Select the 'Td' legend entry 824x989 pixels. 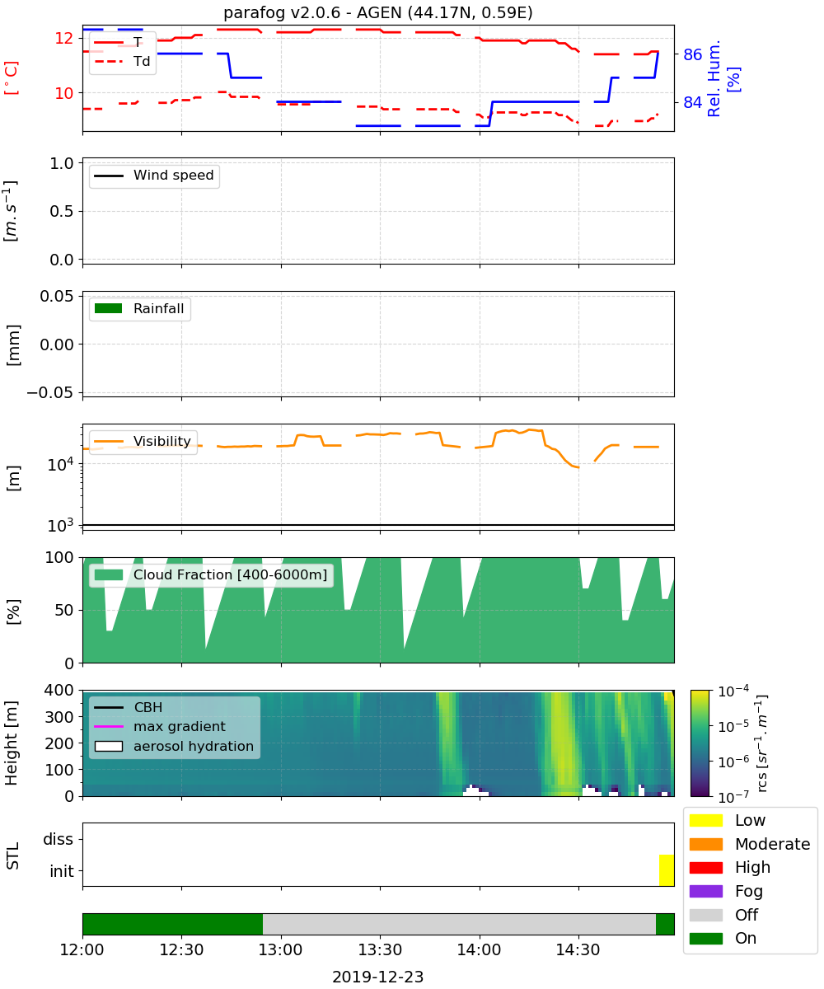click(x=122, y=62)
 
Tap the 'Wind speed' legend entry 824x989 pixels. click(x=154, y=176)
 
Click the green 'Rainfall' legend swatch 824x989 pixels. click(x=109, y=308)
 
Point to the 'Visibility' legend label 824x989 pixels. click(x=162, y=441)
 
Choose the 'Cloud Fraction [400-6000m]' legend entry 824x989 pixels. click(x=211, y=574)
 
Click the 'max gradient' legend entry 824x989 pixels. click(x=160, y=727)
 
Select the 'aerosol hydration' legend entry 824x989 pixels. click(x=174, y=746)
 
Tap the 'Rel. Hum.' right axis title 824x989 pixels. click(x=714, y=78)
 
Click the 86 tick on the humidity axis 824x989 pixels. click(x=692, y=54)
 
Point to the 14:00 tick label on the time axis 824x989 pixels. click(x=479, y=950)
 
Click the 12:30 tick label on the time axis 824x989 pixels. click(x=181, y=950)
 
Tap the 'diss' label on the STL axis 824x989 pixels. click(x=58, y=839)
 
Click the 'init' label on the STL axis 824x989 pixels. click(x=62, y=871)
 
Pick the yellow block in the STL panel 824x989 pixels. click(x=667, y=870)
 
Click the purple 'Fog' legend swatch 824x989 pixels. click(x=705, y=891)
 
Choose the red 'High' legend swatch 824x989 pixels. click(x=705, y=867)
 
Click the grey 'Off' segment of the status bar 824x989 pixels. click(x=459, y=924)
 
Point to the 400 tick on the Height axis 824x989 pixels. click(x=59, y=690)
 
